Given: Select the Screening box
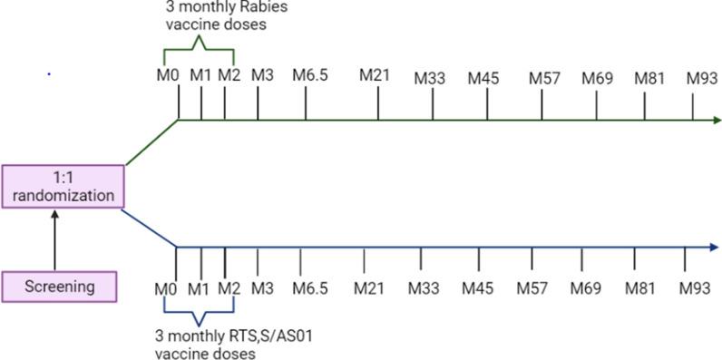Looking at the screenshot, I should pyautogui.click(x=60, y=287).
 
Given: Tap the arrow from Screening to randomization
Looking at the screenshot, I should pyautogui.click(x=54, y=240).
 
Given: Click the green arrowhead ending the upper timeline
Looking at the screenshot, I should pyautogui.click(x=717, y=120).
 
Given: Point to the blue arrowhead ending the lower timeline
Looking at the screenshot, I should pyautogui.click(x=717, y=247).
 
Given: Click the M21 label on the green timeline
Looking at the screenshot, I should pyautogui.click(x=375, y=74).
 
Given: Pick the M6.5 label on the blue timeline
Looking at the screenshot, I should pyautogui.click(x=309, y=288).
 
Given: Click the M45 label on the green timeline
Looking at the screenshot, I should pyautogui.click(x=483, y=77).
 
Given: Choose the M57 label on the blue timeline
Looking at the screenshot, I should pyautogui.click(x=532, y=288).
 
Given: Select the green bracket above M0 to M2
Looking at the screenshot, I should pyautogui.click(x=200, y=44).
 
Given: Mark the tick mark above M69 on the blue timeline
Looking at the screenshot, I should pyautogui.click(x=581, y=260).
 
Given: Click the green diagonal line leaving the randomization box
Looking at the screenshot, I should pyautogui.click(x=150, y=143).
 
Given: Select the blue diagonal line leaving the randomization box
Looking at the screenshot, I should pyautogui.click(x=150, y=227).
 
